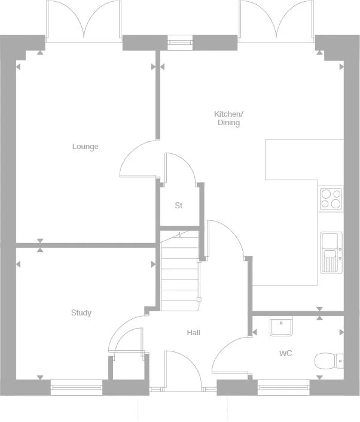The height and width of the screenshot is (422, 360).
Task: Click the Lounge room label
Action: coord(85,147)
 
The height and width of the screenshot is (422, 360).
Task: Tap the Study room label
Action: coord(81,312)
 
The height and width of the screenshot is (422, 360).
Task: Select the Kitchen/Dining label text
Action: coord(228,118)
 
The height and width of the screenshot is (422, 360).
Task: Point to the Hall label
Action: coord(193,333)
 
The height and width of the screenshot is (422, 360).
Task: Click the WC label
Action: coord(286,353)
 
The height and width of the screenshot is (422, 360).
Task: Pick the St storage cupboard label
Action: coord(178,205)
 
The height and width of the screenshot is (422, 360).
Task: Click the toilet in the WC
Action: coord(328,360)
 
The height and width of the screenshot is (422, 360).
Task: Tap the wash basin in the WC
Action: coord(280,326)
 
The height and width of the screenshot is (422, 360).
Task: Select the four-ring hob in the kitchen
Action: coord(331,198)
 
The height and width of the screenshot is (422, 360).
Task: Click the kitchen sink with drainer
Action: coord(331,252)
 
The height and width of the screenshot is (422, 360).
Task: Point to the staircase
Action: coord(179,272)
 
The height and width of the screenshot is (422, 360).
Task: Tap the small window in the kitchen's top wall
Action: coord(178,42)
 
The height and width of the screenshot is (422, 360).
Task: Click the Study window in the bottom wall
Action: coord(76,387)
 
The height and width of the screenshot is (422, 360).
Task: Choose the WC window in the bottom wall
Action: coord(283,387)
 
